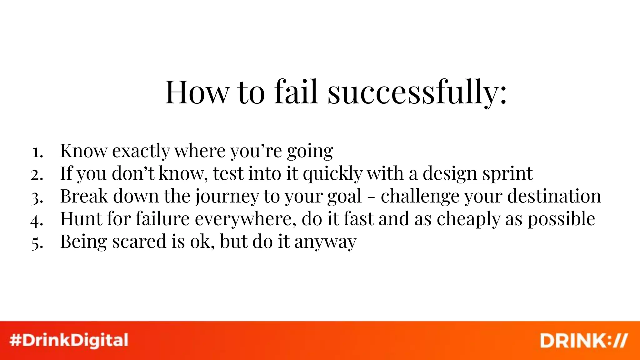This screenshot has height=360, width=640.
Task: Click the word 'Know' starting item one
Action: tap(83, 151)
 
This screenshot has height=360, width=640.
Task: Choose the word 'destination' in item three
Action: tap(554, 196)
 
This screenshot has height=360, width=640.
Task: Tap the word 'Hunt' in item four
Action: tap(81, 218)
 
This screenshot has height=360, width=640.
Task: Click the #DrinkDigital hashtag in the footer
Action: tap(69, 340)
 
